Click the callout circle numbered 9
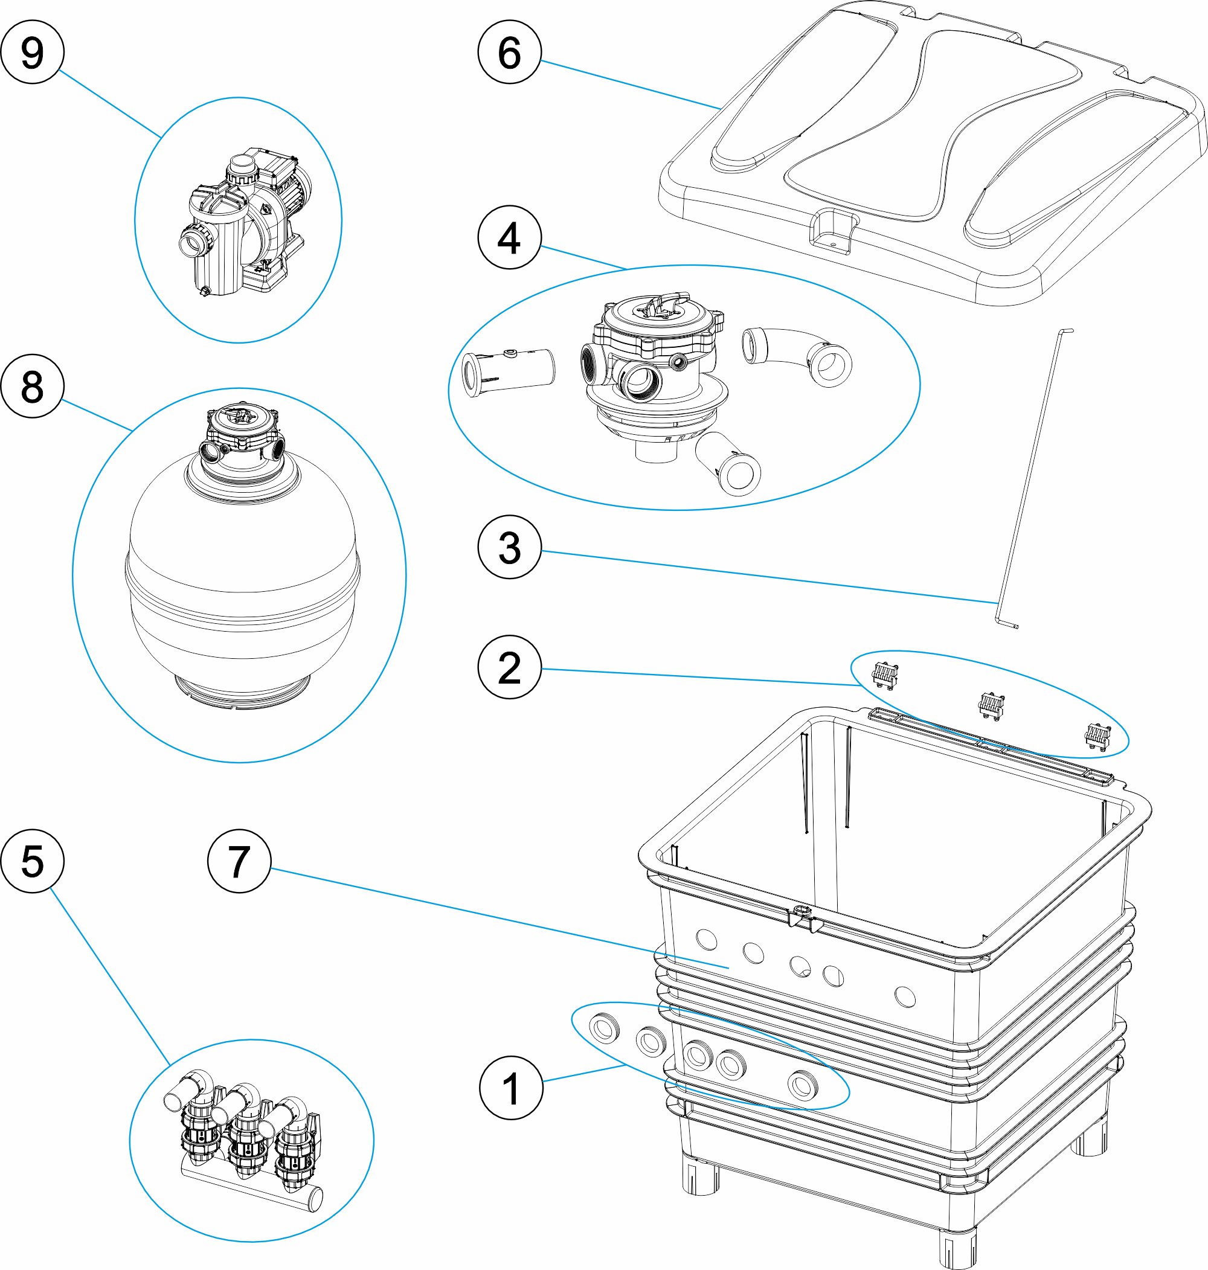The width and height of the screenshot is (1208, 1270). point(32,52)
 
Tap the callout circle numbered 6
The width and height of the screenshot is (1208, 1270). point(509,52)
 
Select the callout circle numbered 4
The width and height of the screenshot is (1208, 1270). point(509,237)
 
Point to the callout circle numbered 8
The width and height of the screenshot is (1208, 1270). point(32,387)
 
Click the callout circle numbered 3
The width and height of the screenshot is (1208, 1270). point(509,548)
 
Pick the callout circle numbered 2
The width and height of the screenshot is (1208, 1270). point(509,667)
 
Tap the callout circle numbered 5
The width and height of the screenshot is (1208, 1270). point(32,861)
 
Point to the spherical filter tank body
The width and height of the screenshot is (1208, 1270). point(242,579)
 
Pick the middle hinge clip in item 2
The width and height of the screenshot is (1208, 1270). point(992,704)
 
